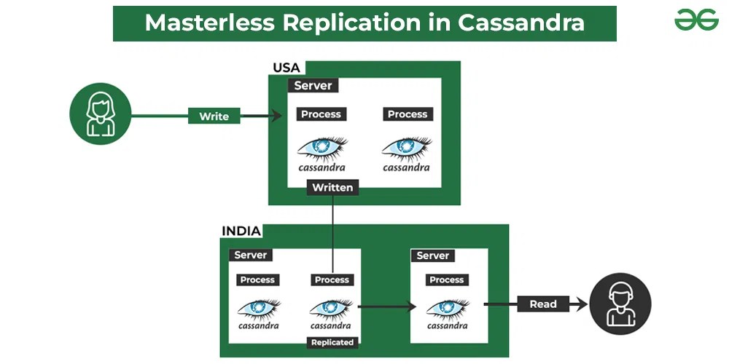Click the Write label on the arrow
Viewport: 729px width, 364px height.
pyautogui.click(x=214, y=116)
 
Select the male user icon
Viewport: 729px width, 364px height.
pyautogui.click(x=620, y=304)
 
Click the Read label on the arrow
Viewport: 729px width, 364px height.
pyautogui.click(x=542, y=304)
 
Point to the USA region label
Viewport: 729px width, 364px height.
pyautogui.click(x=286, y=68)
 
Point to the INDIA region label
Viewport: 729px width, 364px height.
pyautogui.click(x=241, y=232)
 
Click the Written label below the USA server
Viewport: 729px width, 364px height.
pyautogui.click(x=332, y=188)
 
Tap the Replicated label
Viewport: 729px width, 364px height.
pyautogui.click(x=332, y=342)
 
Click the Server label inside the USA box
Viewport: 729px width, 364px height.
pyautogui.click(x=313, y=85)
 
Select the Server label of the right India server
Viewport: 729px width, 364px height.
pyautogui.click(x=433, y=256)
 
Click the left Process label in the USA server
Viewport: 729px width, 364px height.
pyautogui.click(x=321, y=114)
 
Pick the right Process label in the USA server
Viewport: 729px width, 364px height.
pyautogui.click(x=408, y=114)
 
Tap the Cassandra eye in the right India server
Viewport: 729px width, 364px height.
pyautogui.click(x=447, y=307)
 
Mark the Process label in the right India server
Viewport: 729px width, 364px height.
pyautogui.click(x=447, y=280)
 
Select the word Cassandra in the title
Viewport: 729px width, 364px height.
pyautogui.click(x=521, y=23)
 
